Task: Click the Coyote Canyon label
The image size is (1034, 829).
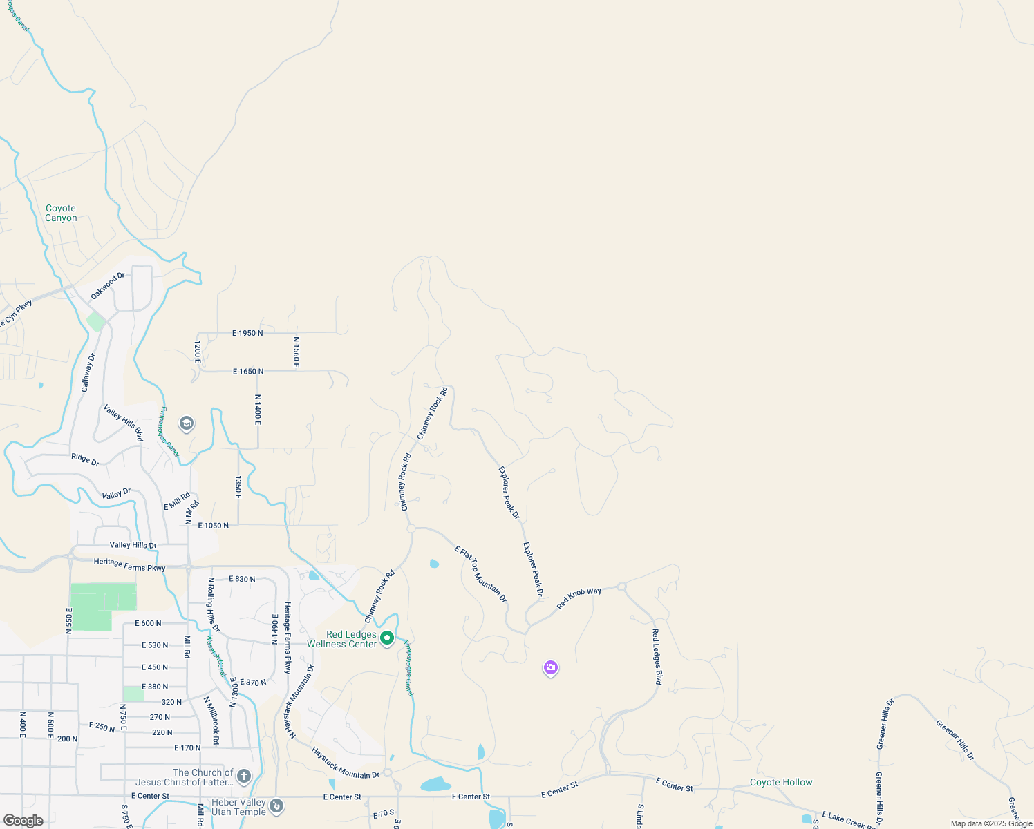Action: (61, 213)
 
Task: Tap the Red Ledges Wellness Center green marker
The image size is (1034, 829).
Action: (387, 638)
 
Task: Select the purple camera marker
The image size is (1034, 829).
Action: (551, 667)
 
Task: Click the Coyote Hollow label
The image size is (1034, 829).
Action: (781, 782)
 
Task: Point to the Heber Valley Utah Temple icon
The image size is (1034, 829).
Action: (276, 806)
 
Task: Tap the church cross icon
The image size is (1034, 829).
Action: (243, 776)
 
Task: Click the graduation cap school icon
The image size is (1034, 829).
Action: (186, 423)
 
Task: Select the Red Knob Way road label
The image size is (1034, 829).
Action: (579, 598)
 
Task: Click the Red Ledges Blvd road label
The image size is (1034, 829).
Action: (657, 656)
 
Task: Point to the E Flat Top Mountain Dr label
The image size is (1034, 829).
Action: (481, 574)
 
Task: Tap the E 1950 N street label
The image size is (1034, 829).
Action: (247, 333)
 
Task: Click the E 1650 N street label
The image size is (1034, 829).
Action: (248, 372)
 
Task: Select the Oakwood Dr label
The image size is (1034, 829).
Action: (108, 286)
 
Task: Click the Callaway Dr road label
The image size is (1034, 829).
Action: (88, 372)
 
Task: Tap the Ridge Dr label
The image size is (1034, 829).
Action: (85, 459)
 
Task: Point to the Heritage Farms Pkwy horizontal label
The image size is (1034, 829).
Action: (129, 565)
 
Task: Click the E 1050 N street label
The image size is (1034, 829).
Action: (213, 526)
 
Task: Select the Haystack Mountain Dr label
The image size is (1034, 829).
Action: (345, 763)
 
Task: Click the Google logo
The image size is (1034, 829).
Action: (23, 821)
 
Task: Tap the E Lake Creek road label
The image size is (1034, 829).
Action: (847, 820)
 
